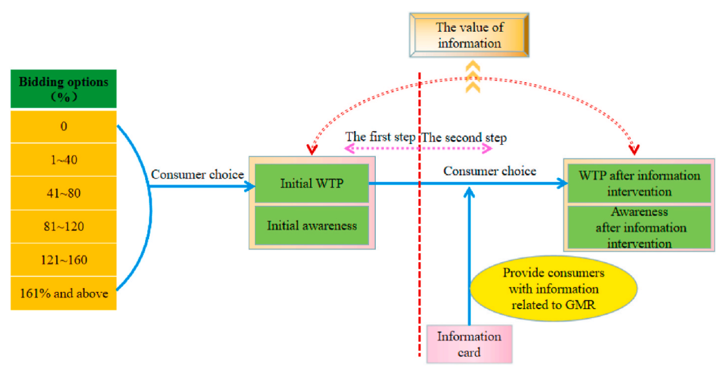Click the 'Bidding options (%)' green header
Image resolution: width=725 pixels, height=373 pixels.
point(63,89)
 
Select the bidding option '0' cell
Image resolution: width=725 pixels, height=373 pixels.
point(63,126)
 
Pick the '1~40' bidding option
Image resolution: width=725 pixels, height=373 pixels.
point(63,160)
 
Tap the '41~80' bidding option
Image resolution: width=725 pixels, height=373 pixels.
point(63,194)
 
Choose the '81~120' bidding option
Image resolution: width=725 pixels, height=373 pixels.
point(63,227)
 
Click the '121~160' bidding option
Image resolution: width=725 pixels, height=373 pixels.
point(63,260)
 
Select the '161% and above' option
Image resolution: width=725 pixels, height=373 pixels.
point(63,294)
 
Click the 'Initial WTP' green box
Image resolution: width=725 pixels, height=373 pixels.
point(311,183)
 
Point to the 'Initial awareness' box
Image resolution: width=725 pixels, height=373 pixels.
point(311,226)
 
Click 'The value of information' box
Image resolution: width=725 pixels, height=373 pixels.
point(469,36)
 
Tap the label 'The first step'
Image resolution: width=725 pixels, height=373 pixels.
point(380,137)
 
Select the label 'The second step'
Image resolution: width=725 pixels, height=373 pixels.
point(464,137)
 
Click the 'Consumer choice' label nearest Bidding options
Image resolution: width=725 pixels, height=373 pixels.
point(197,175)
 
